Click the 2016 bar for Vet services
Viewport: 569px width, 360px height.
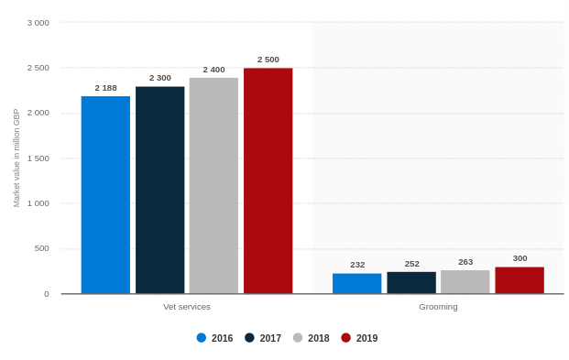pos(105,194)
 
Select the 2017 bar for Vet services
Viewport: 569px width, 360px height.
pos(159,190)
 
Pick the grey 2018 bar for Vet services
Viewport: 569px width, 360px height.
pos(213,185)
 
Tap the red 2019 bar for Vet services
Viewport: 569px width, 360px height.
pos(268,180)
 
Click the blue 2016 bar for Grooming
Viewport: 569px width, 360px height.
pos(356,283)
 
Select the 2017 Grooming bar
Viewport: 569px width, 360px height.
pos(411,282)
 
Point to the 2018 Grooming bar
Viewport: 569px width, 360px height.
pos(465,281)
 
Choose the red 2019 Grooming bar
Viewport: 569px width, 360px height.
pos(520,280)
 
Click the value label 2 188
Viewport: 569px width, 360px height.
pos(105,88)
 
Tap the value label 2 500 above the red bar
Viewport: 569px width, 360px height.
pos(268,60)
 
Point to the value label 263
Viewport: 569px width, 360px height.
pos(465,262)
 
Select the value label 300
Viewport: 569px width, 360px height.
pos(520,258)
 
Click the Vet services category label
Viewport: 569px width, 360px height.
pos(187,307)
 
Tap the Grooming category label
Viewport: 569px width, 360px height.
pos(438,307)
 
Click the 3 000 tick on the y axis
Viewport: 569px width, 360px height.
pos(38,23)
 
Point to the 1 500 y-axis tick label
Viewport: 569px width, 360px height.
pos(38,158)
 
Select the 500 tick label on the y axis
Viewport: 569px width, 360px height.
pos(41,248)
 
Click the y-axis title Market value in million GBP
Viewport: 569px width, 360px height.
pos(16,158)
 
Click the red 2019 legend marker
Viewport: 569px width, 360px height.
pos(345,338)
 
